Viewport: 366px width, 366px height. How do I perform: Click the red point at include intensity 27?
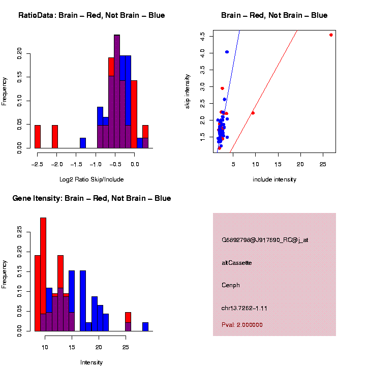331,35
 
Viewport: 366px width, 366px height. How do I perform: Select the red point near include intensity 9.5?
253,113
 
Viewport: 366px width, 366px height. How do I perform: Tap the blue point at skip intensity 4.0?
227,52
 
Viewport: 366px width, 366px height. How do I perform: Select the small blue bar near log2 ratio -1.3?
83,143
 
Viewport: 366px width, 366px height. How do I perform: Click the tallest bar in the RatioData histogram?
117,91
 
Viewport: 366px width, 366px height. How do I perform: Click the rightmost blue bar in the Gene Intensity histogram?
145,326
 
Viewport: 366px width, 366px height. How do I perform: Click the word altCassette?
237,263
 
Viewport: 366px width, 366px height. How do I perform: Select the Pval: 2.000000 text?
242,325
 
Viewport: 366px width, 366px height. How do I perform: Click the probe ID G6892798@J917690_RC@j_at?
265,240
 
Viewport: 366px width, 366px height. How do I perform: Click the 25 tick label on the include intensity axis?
322,165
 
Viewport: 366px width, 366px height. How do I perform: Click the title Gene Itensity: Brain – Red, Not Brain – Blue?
92,198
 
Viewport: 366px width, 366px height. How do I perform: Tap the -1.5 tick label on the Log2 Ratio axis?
76,165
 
